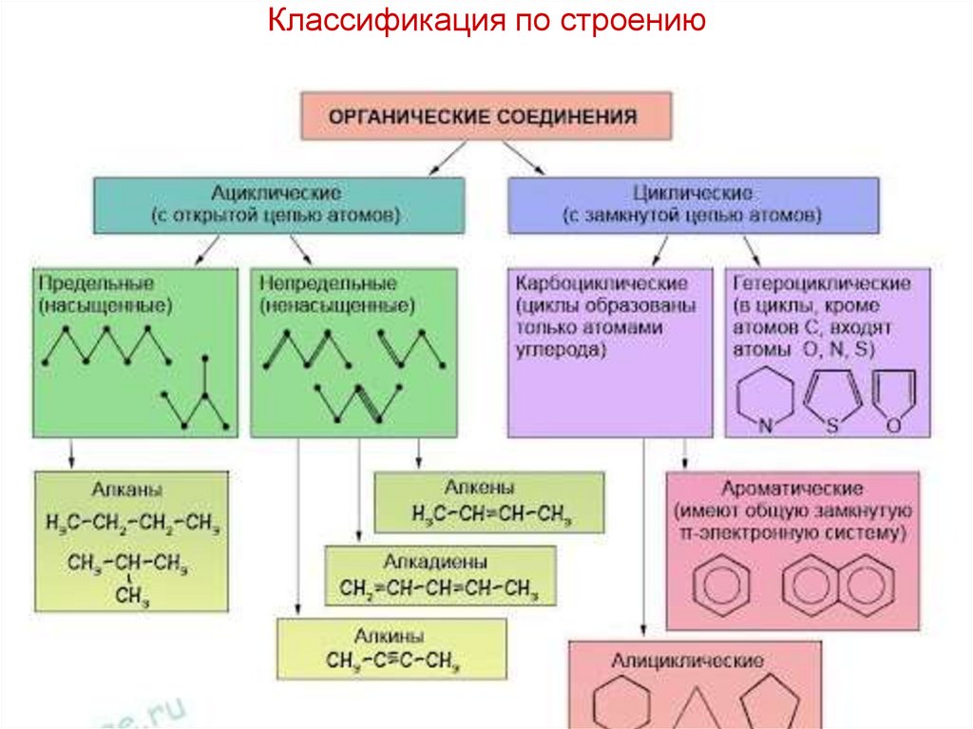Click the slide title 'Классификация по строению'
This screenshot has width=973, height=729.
pyautogui.click(x=486, y=21)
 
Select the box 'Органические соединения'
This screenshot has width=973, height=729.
pyautogui.click(x=486, y=117)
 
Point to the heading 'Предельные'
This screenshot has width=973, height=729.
pyautogui.click(x=96, y=283)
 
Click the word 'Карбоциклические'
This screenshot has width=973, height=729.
pyautogui.click(x=601, y=283)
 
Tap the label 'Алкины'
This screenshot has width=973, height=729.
pyautogui.click(x=390, y=635)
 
